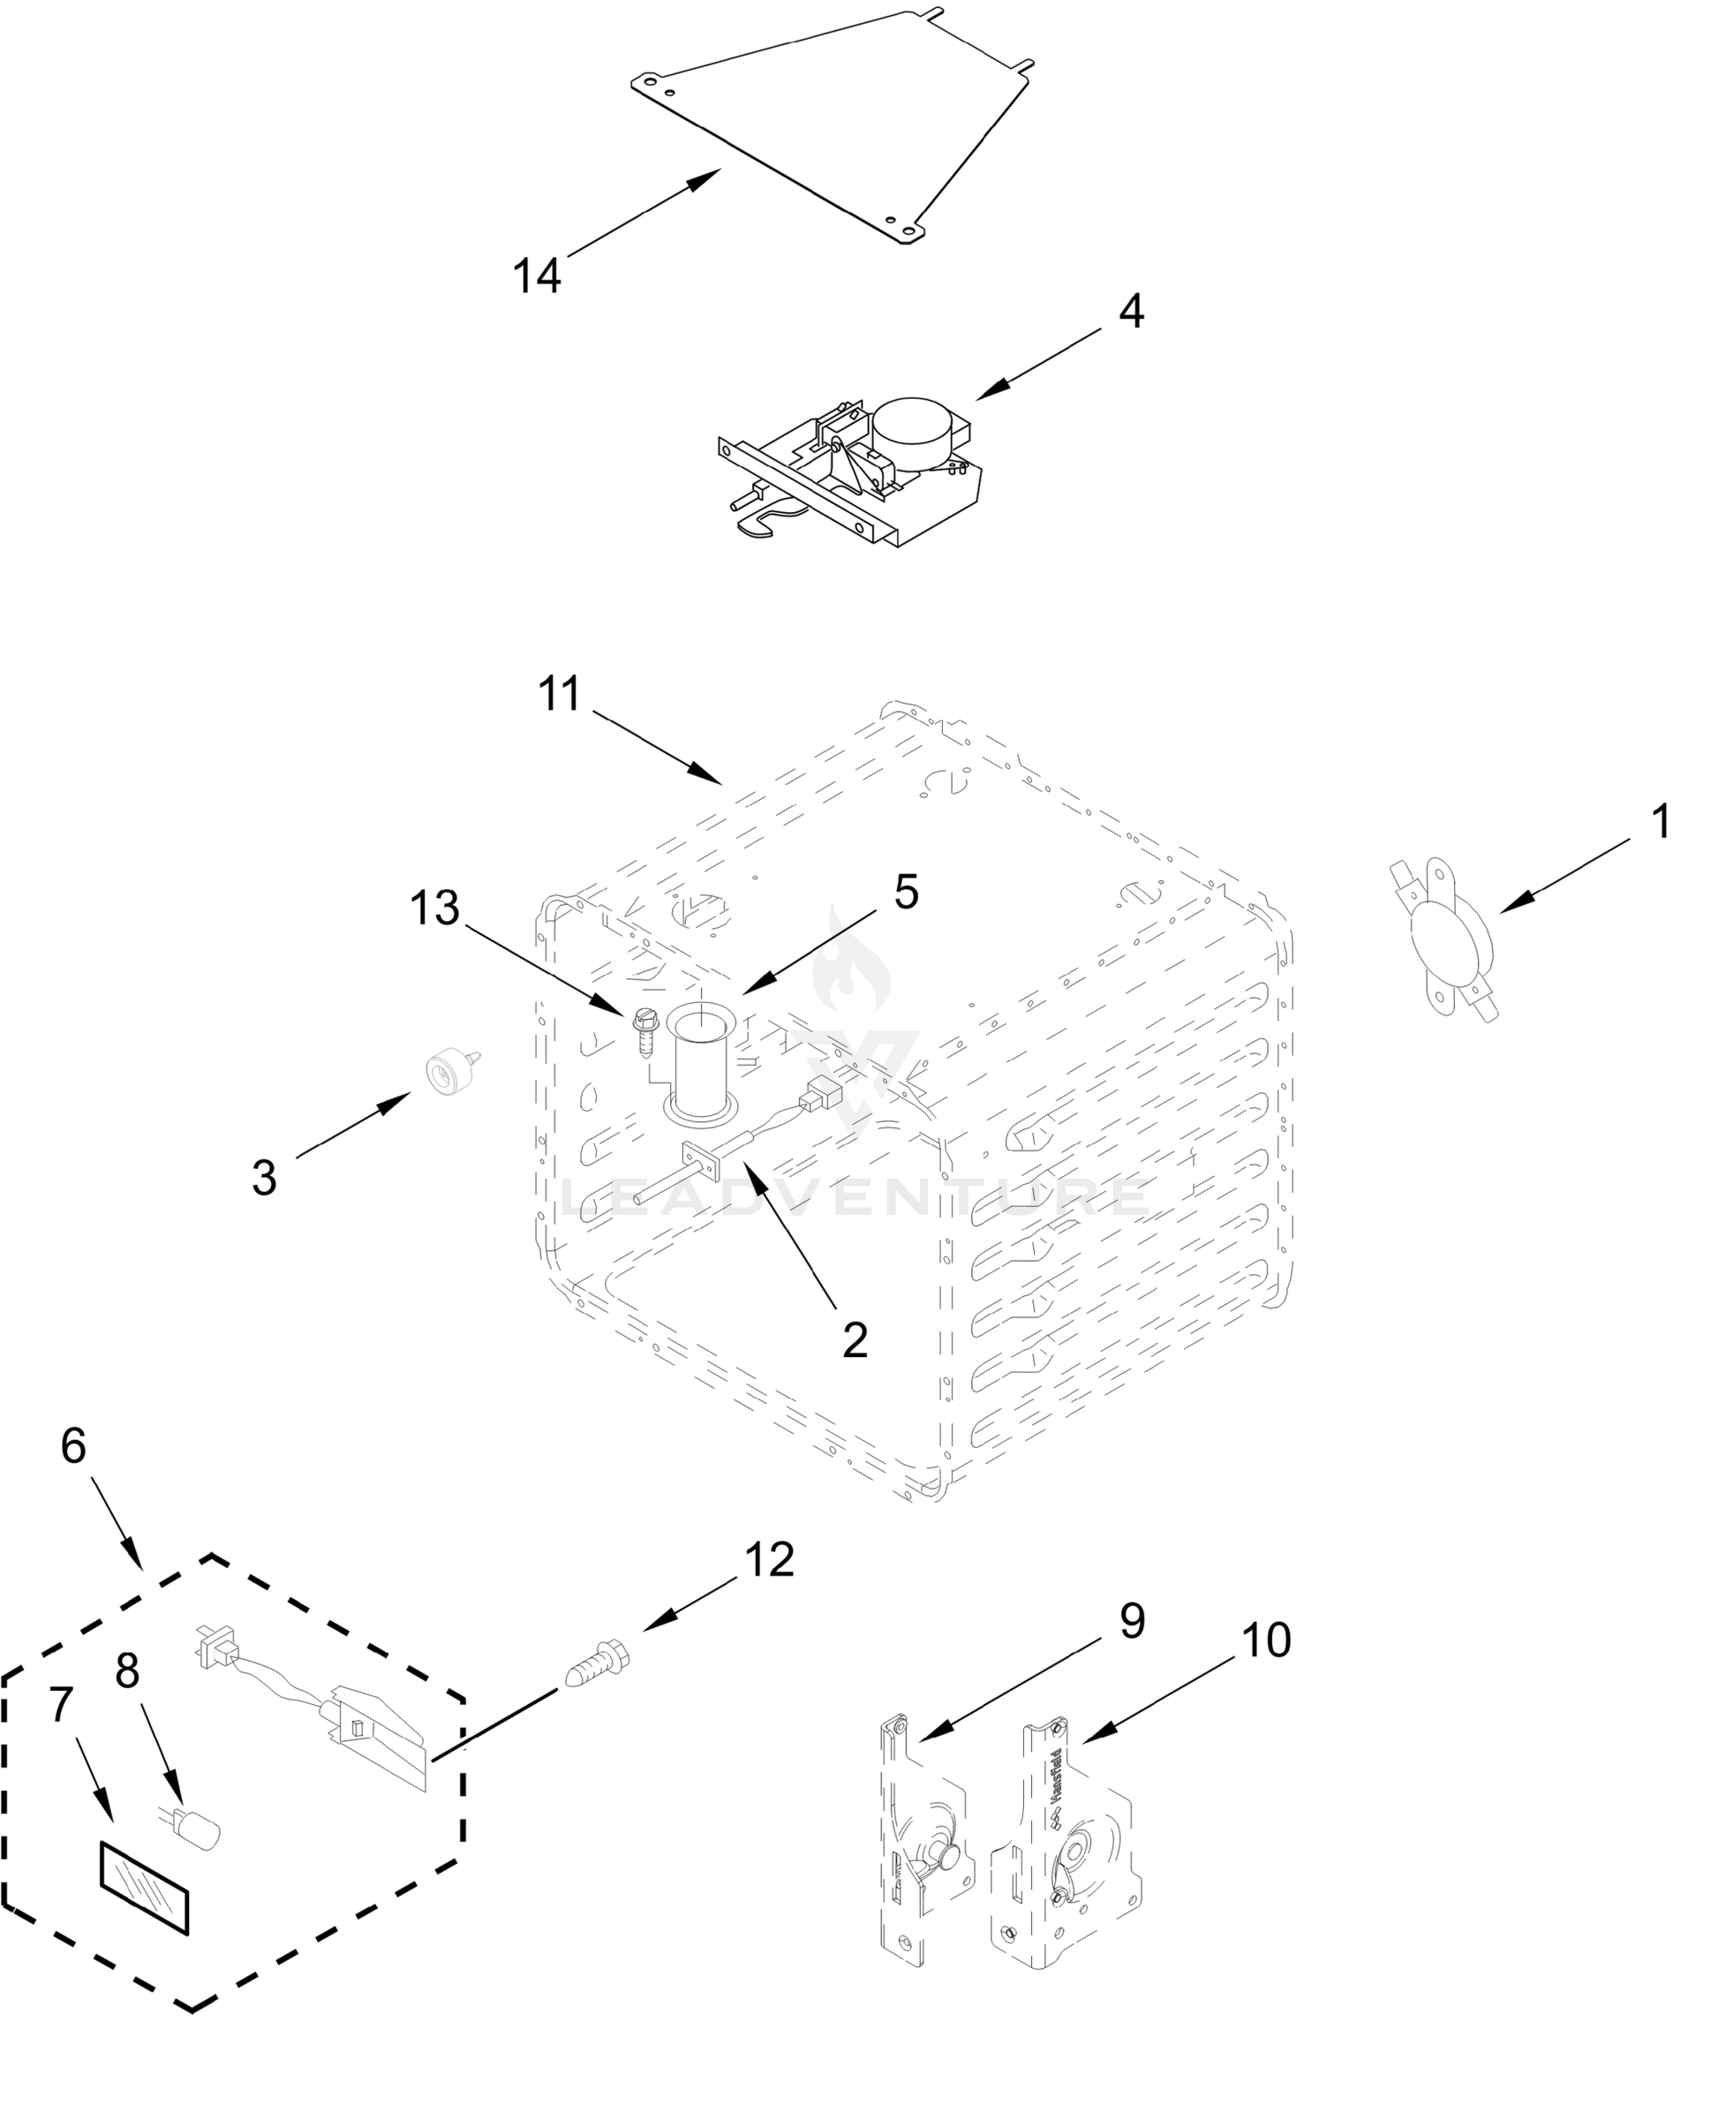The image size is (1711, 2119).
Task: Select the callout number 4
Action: coord(1130,312)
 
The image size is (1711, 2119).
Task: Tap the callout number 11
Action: coord(560,694)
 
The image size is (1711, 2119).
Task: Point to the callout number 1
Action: coord(1661,821)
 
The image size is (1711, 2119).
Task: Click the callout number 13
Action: coord(434,907)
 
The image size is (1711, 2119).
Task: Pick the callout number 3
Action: coord(264,1178)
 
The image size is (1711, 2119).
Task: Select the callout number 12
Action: coord(769,1560)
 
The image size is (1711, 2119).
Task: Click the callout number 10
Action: coord(1265,1641)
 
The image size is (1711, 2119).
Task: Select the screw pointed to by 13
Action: coord(645,1031)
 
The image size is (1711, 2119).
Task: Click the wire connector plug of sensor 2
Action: coord(821,1094)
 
